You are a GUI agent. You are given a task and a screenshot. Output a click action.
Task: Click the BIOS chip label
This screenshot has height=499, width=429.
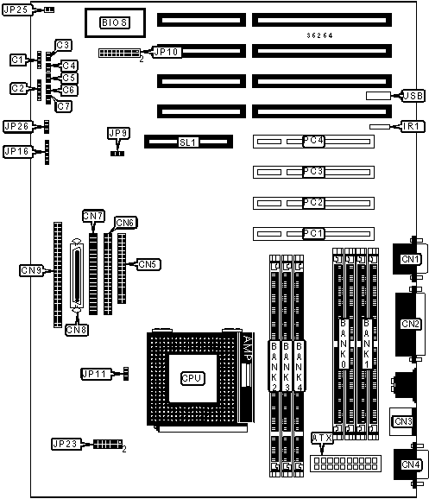[115, 22]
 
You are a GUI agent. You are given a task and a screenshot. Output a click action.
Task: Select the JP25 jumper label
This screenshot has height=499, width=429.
[17, 9]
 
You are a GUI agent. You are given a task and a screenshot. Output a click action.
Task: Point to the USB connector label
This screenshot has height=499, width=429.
[413, 96]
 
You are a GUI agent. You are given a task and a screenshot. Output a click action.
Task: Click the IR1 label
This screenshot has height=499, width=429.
[413, 126]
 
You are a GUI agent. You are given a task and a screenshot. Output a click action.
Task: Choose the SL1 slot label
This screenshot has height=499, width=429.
[188, 142]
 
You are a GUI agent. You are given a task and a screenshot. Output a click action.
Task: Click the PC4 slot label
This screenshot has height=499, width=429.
[313, 141]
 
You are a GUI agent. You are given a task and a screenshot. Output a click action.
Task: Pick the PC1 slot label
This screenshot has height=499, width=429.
[313, 234]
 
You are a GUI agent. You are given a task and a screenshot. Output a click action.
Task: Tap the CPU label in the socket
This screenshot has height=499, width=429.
[192, 378]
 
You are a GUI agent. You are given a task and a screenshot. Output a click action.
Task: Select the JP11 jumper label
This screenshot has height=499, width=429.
[96, 374]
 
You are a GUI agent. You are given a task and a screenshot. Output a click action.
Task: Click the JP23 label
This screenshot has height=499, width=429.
[66, 444]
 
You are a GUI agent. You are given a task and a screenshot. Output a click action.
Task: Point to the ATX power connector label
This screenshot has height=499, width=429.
[322, 439]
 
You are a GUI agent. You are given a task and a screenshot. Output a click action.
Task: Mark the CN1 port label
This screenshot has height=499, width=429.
[410, 259]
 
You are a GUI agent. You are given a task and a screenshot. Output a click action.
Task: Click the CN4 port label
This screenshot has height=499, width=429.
[411, 464]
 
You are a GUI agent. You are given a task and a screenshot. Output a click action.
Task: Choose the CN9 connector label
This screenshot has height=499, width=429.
[31, 270]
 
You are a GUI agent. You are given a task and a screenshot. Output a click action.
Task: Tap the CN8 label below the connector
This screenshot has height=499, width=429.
[76, 330]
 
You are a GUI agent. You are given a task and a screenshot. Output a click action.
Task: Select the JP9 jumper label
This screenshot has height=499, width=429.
[119, 133]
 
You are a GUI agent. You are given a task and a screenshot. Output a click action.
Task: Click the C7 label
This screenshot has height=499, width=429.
[64, 106]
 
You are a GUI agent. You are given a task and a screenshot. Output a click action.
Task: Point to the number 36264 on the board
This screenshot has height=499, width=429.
[319, 35]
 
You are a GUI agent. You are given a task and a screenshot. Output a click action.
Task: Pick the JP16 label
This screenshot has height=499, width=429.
[17, 151]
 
